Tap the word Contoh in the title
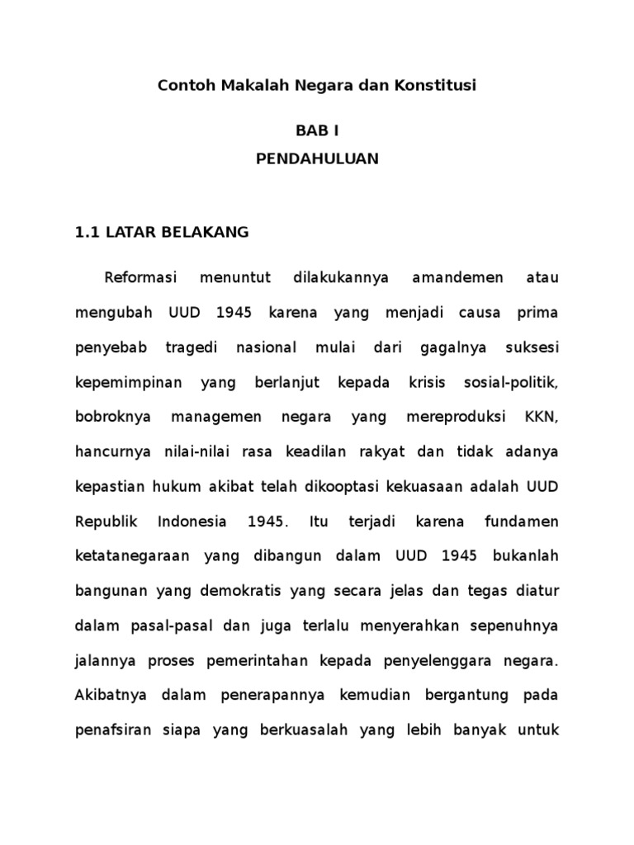click(x=187, y=85)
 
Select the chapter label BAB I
click(x=317, y=130)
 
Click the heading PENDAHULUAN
click(x=317, y=159)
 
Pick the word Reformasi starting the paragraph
click(x=142, y=278)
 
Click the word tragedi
click(x=192, y=347)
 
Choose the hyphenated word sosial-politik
click(x=513, y=383)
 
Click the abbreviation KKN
click(x=541, y=418)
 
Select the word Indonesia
click(x=192, y=522)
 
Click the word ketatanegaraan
click(x=128, y=556)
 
